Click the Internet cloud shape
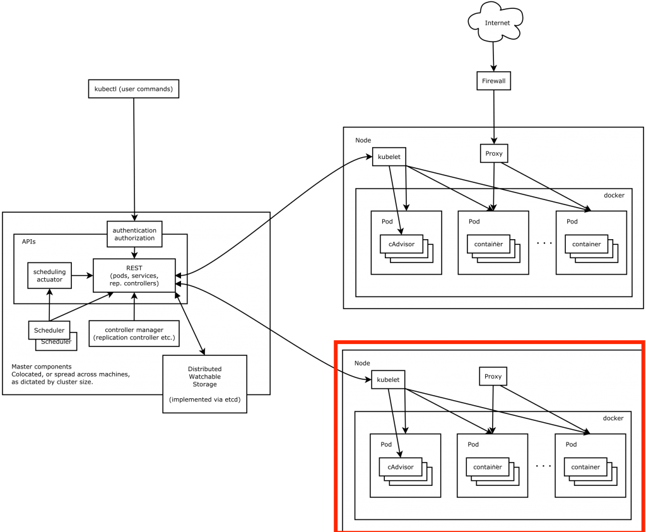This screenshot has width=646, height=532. click(496, 23)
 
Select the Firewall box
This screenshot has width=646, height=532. click(493, 81)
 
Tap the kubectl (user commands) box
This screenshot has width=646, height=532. click(133, 89)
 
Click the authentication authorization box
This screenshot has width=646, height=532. click(134, 234)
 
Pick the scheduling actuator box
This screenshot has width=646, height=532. click(49, 275)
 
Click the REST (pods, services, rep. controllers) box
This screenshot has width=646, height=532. click(134, 275)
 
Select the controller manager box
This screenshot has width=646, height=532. click(134, 334)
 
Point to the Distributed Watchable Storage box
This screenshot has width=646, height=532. click(204, 384)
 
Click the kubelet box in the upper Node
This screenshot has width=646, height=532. click(389, 156)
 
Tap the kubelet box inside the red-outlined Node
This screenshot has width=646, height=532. click(388, 379)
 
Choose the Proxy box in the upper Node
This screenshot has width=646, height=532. click(493, 153)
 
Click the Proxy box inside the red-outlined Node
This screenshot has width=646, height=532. click(493, 377)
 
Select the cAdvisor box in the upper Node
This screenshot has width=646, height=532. click(401, 244)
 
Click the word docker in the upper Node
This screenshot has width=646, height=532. click(614, 196)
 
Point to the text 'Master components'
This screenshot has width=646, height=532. click(42, 367)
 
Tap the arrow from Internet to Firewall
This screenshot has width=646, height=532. click(493, 58)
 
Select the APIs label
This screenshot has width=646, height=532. click(29, 242)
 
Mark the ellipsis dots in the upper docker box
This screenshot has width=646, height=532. click(544, 243)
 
